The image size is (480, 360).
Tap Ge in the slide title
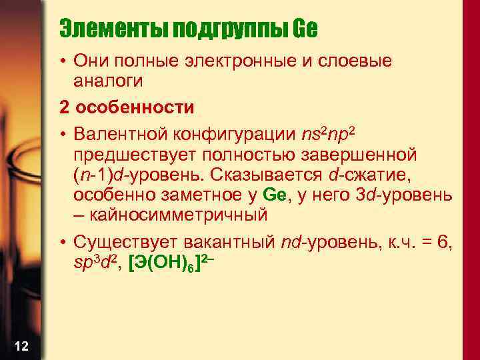[x=305, y=28]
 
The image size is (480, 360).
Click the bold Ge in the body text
[x=274, y=195]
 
